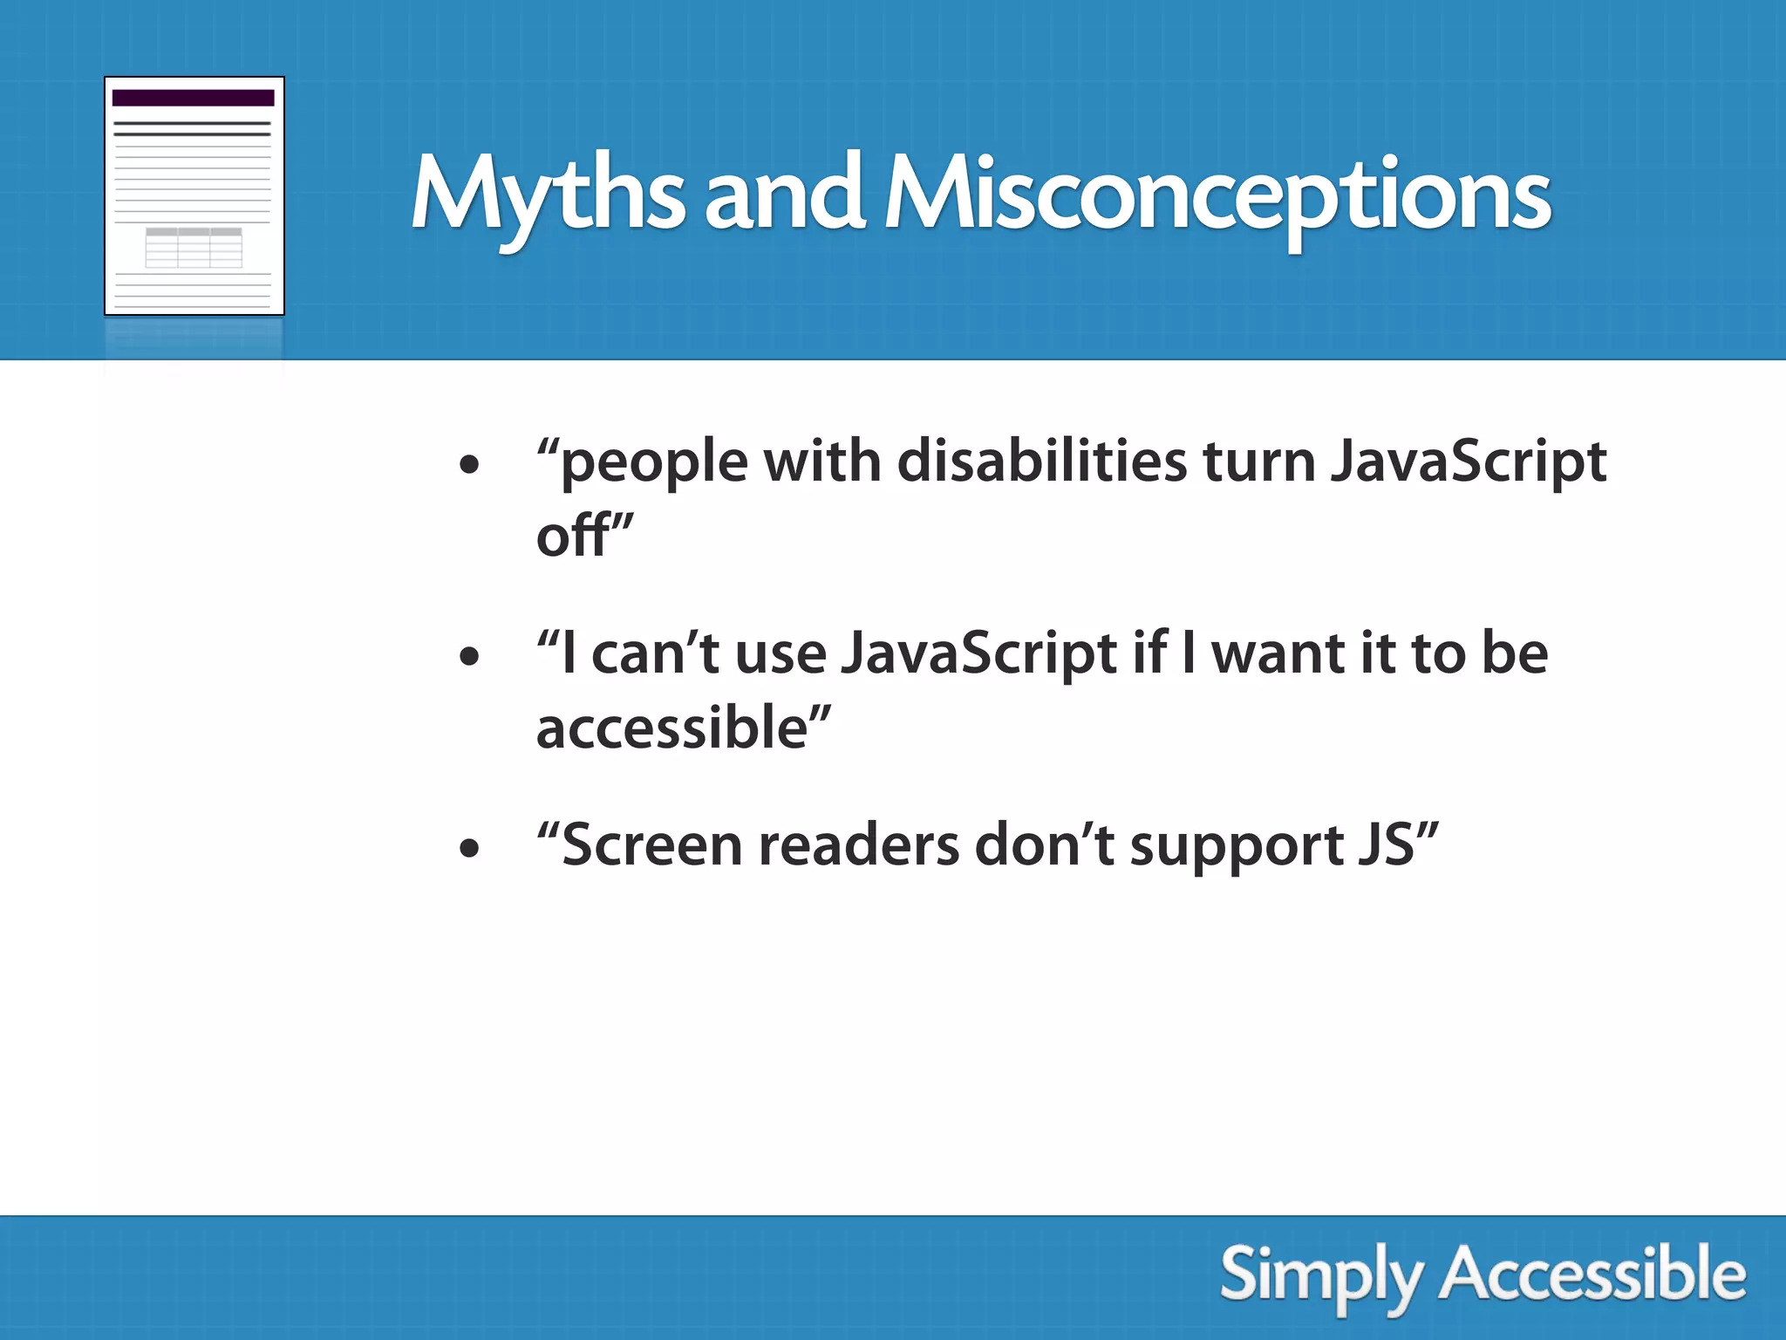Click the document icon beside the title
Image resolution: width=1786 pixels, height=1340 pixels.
194,196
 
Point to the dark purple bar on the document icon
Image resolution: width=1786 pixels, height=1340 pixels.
194,98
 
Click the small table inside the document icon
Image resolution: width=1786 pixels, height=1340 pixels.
194,248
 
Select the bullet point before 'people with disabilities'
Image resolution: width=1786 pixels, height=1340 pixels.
469,464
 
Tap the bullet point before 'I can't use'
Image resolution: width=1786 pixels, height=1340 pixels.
469,656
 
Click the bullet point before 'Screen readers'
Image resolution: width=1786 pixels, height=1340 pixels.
469,847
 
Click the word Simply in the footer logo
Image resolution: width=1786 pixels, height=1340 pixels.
1320,1276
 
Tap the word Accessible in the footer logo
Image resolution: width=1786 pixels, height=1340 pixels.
1592,1275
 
